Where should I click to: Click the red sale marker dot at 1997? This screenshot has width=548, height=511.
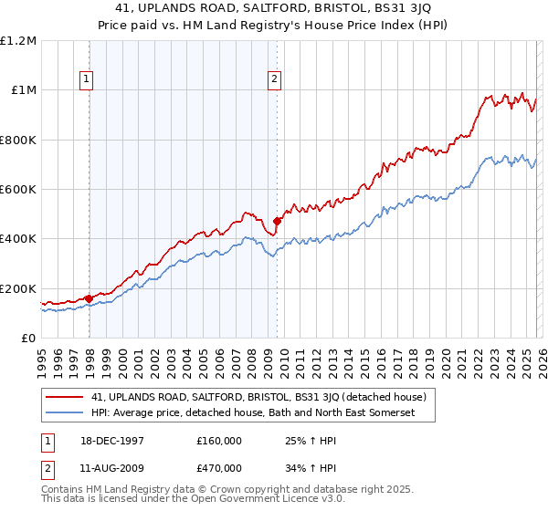(x=89, y=298)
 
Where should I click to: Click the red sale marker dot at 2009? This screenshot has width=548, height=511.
(x=277, y=221)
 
